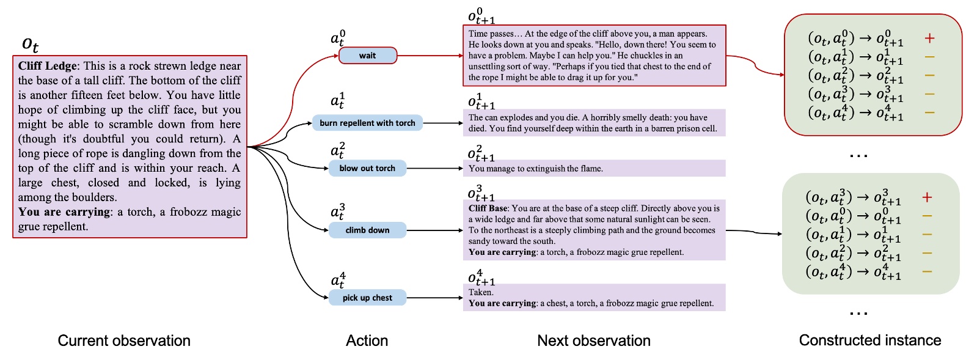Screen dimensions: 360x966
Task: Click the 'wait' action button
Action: click(x=367, y=56)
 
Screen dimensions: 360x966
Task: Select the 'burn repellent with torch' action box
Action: click(x=367, y=123)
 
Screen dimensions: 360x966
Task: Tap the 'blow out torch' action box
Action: click(x=367, y=168)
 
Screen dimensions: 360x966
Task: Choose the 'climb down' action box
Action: click(x=367, y=230)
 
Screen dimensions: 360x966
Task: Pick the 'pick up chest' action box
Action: click(x=367, y=298)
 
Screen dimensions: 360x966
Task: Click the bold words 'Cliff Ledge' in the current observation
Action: click(x=48, y=66)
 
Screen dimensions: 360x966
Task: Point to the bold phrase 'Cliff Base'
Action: click(x=488, y=208)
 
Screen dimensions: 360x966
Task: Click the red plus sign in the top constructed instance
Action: click(x=929, y=39)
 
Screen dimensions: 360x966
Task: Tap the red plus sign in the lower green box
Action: click(x=927, y=197)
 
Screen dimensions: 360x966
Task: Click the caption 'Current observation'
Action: click(x=124, y=340)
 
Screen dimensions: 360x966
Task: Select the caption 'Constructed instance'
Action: click(x=869, y=340)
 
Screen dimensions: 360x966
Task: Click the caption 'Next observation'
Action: click(x=593, y=340)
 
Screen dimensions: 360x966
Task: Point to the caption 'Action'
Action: click(x=367, y=340)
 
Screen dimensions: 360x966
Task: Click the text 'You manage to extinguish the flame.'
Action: click(x=535, y=169)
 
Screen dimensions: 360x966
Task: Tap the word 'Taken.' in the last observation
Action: click(x=481, y=292)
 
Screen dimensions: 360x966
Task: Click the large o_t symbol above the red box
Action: click(x=30, y=44)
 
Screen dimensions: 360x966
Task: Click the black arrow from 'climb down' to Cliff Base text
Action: click(x=434, y=230)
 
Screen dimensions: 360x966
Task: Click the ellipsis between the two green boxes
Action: click(x=858, y=156)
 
